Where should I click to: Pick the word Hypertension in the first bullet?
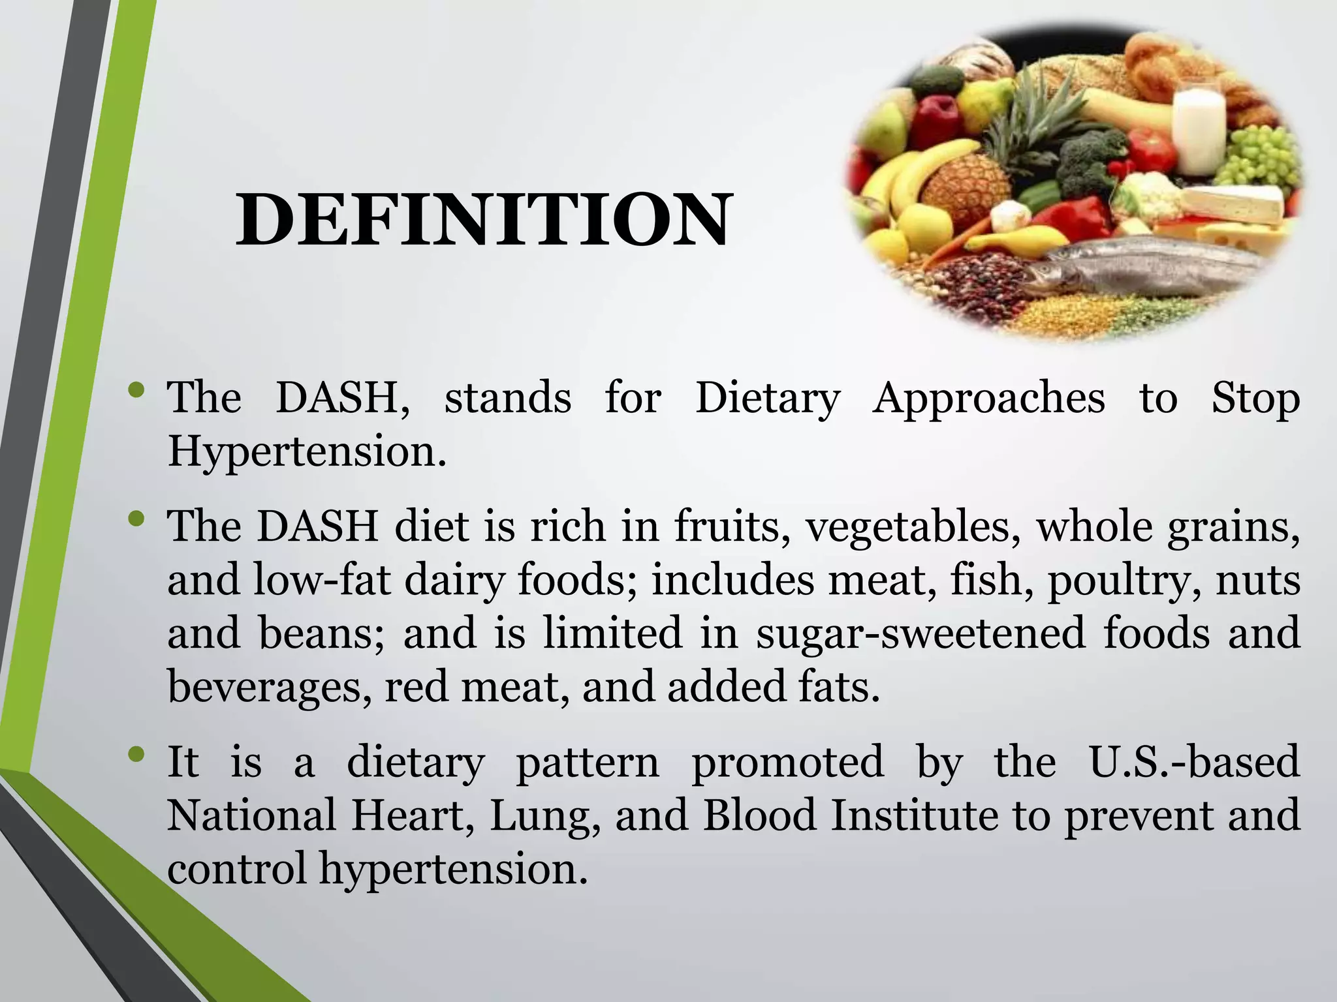point(307,451)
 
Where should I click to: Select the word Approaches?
point(988,397)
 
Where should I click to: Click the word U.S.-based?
point(1195,762)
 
